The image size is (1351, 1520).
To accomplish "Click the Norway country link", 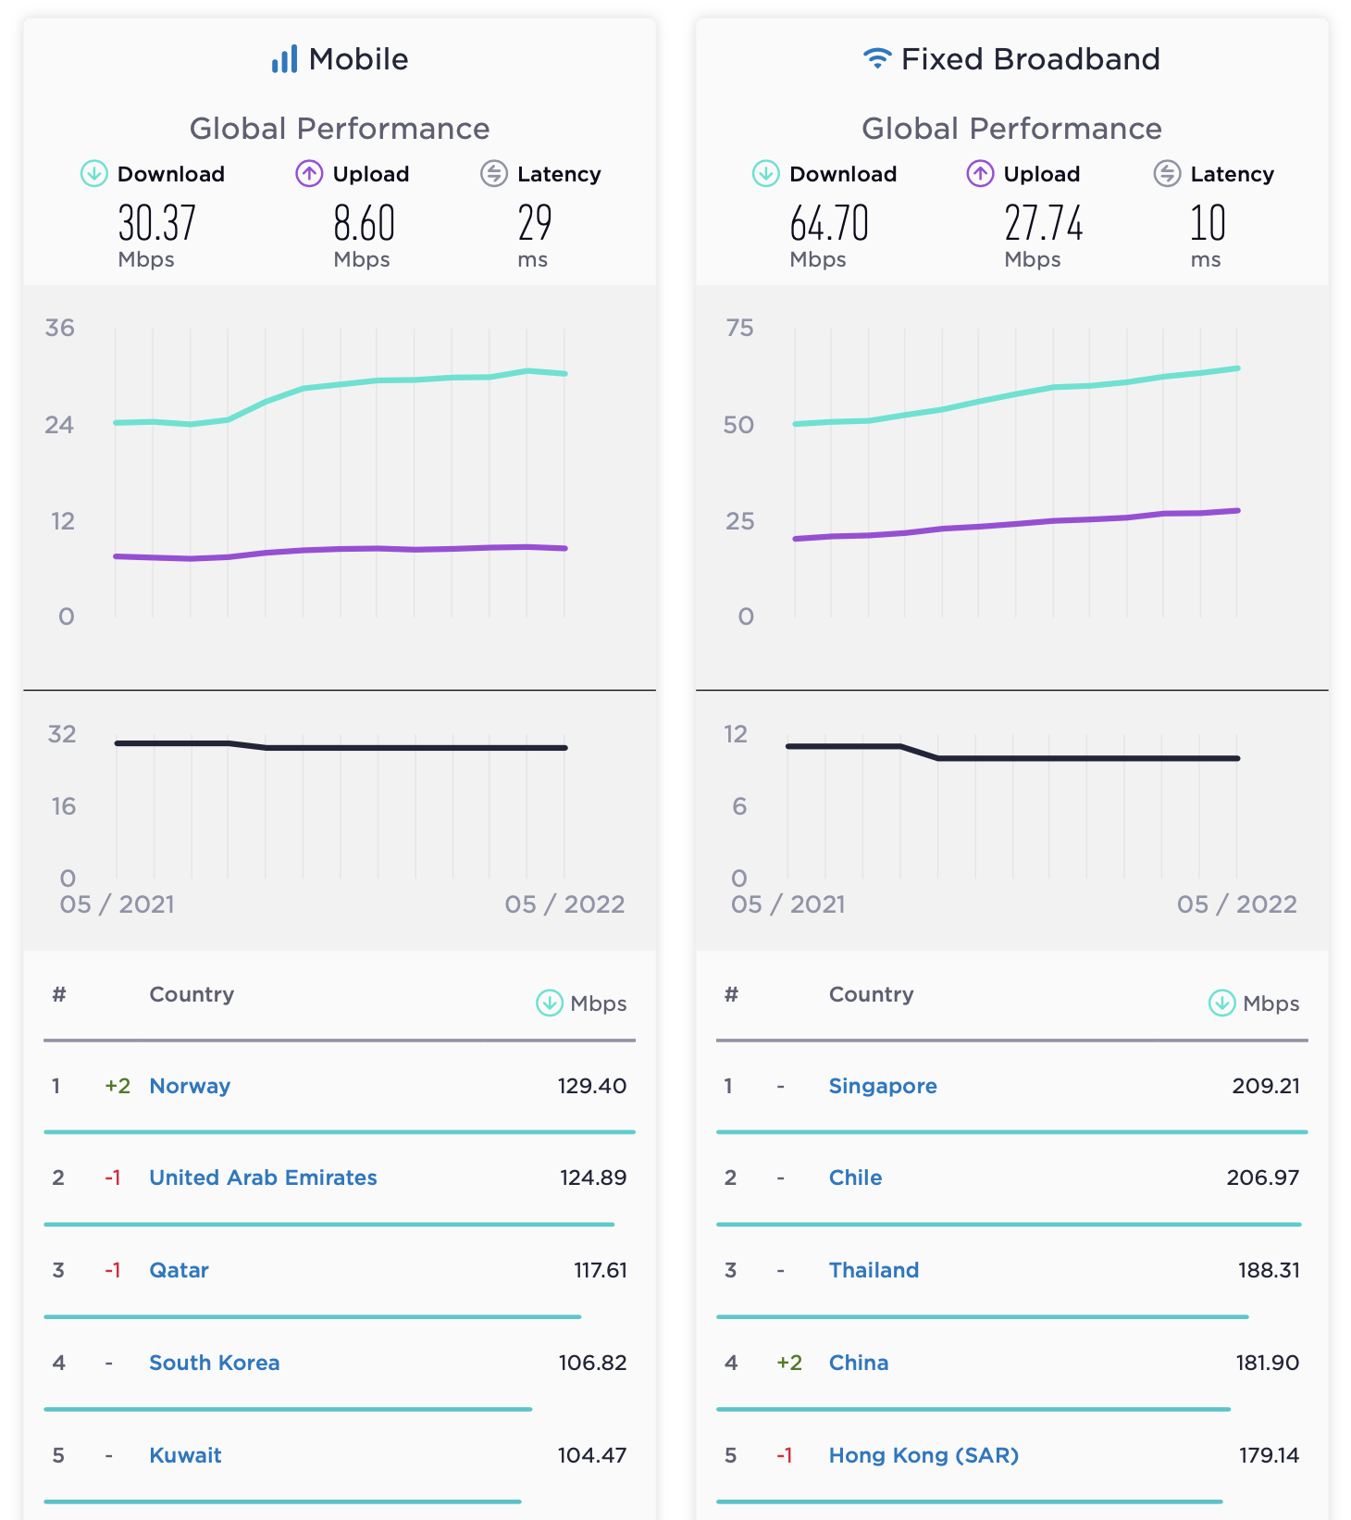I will point(190,1086).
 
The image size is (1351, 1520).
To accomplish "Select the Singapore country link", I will point(882,1086).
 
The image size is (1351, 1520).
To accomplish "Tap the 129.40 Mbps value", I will point(591,1086).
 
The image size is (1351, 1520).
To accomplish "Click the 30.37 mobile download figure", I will point(156,224).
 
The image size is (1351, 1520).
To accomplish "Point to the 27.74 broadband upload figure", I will point(1043,224).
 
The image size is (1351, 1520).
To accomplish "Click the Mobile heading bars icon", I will point(284,59).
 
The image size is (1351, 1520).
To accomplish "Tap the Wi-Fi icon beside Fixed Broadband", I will point(876,58).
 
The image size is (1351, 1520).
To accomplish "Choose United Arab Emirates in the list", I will point(263,1177).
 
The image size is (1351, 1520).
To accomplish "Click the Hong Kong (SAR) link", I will point(923,1455).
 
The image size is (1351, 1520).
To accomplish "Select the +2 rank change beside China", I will point(788,1363).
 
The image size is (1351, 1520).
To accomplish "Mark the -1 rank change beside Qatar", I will point(113,1270).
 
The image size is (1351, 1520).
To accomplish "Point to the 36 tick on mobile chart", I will point(60,328).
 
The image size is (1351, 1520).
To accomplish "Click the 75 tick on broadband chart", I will point(739,328).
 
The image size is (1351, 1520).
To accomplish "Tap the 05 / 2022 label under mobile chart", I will point(564,904).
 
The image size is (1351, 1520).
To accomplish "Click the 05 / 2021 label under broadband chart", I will point(787,904).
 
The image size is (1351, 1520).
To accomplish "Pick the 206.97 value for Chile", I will point(1262,1177).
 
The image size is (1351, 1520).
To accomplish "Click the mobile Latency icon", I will point(494,173).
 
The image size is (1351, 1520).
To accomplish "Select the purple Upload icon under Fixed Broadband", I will point(980,173).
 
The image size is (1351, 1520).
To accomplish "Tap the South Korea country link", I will point(214,1363).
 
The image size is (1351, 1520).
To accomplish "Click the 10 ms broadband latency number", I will point(1208,224).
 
